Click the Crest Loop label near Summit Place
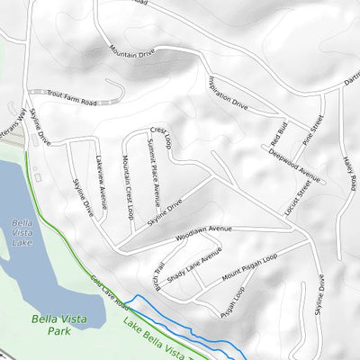[160, 137]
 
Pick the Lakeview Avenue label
[102, 185]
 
